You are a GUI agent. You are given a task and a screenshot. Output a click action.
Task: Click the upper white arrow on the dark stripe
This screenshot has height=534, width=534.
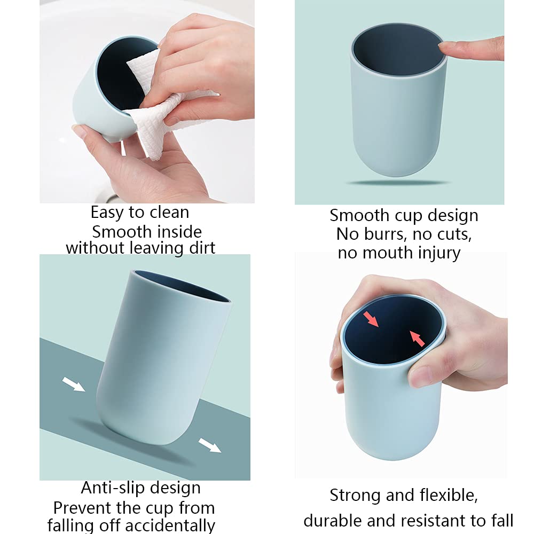(x=74, y=384)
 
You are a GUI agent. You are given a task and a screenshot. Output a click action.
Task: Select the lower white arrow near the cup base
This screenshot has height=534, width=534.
(x=209, y=445)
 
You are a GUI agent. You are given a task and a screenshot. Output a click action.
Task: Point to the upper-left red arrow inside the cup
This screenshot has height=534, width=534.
(x=371, y=319)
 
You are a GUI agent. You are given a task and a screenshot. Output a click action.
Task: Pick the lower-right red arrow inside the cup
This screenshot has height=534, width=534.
(x=418, y=338)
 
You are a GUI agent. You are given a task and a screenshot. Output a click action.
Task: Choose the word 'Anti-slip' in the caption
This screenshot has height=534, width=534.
(x=114, y=488)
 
